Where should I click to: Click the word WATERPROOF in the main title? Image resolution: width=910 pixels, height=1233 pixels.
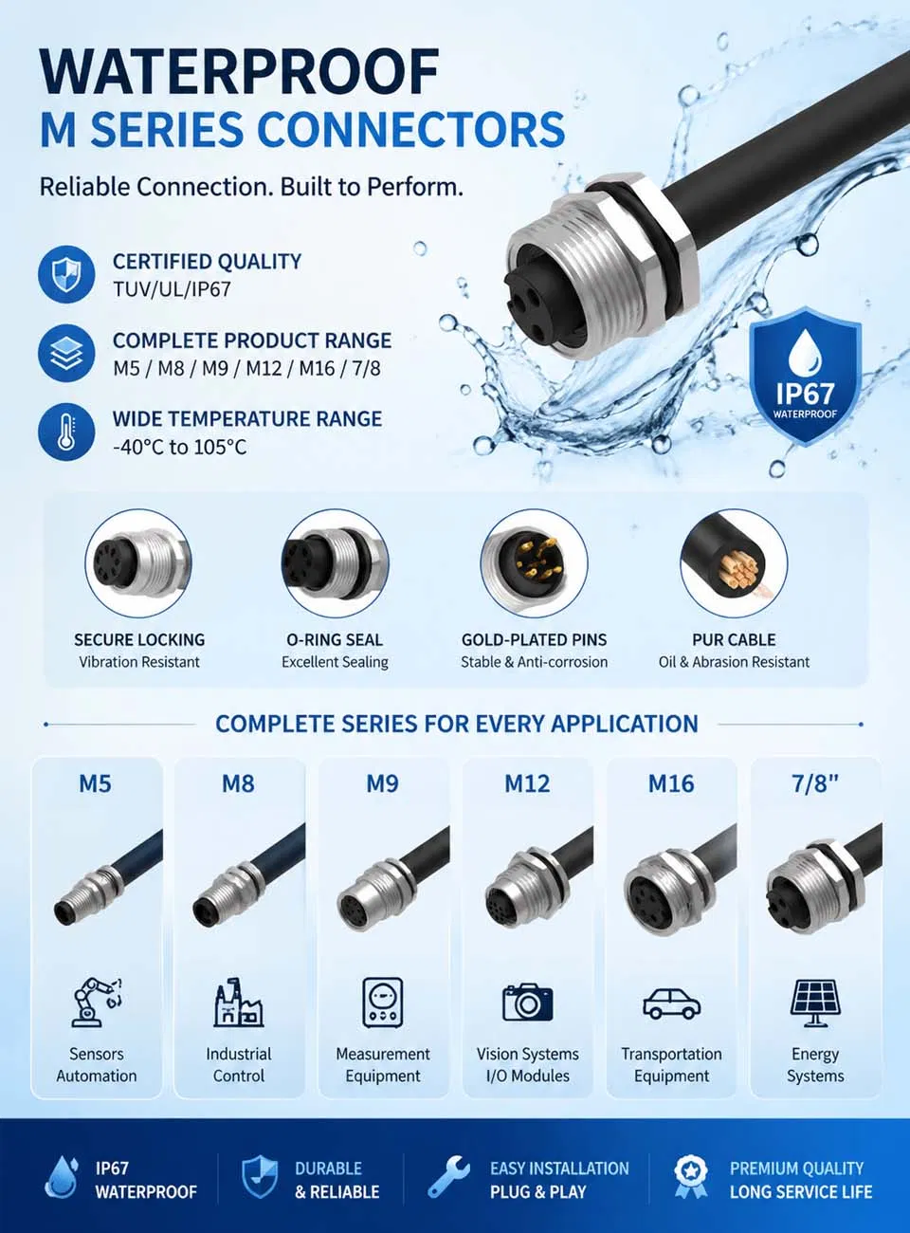(x=240, y=72)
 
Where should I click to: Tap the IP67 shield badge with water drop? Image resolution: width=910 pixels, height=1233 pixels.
(x=805, y=376)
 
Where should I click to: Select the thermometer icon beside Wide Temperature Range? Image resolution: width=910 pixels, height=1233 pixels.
(x=66, y=432)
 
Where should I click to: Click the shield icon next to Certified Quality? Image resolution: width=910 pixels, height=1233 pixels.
(x=66, y=274)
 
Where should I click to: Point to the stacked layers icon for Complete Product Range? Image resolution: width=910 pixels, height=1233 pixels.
(x=66, y=353)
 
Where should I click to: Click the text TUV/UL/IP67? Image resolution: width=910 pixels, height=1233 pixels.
(x=172, y=289)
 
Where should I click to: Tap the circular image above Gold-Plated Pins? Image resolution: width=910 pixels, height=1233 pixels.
(x=534, y=563)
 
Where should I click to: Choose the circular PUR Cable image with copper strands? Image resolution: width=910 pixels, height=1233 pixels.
(x=734, y=563)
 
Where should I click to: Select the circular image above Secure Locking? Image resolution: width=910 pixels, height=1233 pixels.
(x=138, y=563)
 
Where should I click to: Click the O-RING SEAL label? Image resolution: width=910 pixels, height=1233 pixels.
(x=335, y=640)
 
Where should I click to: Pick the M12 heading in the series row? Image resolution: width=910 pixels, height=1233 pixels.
(x=527, y=783)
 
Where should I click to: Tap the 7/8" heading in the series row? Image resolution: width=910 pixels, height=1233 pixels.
(x=815, y=783)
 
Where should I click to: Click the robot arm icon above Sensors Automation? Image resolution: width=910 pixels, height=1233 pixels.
(x=96, y=1002)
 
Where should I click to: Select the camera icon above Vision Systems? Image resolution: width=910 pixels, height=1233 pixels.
(x=527, y=1003)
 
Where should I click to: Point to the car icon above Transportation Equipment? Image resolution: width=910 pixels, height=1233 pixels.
(x=672, y=1003)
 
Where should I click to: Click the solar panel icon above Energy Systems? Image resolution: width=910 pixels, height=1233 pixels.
(x=815, y=1003)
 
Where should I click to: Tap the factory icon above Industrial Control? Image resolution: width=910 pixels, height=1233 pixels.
(x=239, y=1002)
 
